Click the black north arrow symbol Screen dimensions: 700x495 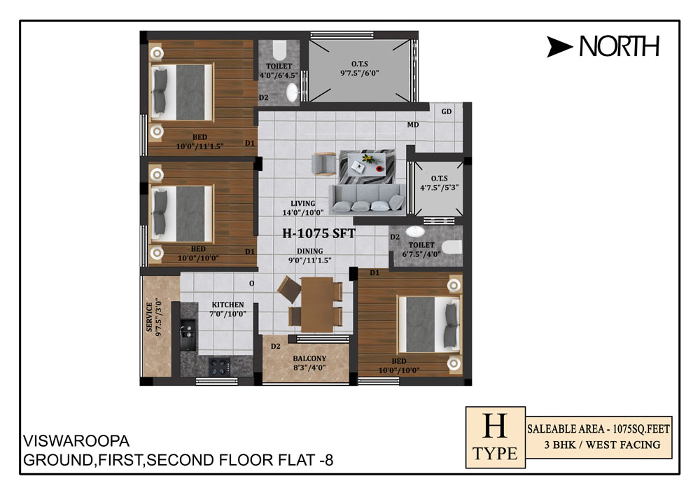(558, 46)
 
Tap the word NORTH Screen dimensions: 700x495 (619, 46)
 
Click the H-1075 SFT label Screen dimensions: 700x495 (318, 233)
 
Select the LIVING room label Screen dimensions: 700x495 (302, 203)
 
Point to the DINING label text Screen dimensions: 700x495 (310, 251)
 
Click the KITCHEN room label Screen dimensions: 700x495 (227, 305)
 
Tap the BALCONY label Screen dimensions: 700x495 (309, 358)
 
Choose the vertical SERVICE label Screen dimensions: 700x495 (149, 317)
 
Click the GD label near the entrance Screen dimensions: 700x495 (447, 111)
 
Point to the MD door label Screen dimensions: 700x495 (413, 125)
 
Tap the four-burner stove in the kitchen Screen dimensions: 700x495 (219, 367)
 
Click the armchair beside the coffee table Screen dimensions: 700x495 (323, 163)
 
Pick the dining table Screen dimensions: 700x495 (317, 305)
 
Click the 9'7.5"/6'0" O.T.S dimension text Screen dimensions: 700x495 (359, 73)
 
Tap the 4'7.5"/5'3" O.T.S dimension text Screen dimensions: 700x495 (440, 188)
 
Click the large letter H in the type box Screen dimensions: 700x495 (495, 426)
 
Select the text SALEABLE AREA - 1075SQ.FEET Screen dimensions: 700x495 (598, 429)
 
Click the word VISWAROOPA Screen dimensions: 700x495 (76, 441)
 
